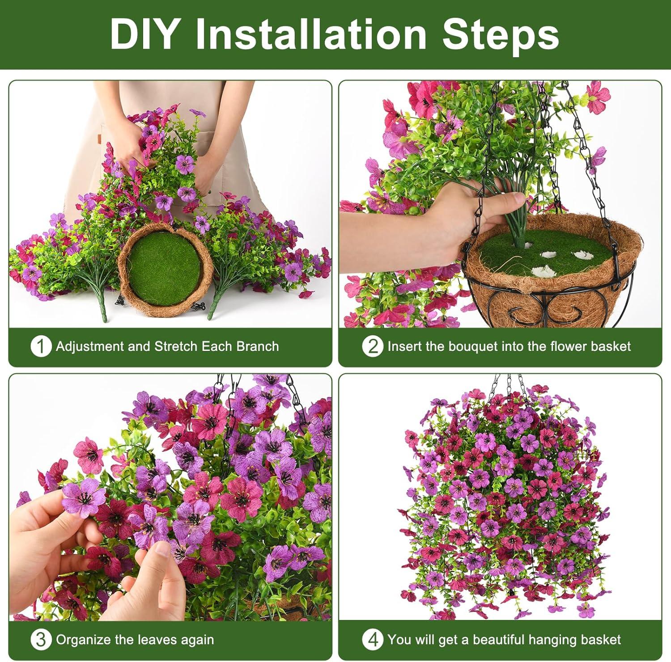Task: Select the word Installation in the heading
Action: click(311, 34)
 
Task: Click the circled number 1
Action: click(40, 346)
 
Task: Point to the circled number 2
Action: click(372, 346)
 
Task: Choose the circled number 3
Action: click(40, 640)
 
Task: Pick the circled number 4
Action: click(372, 640)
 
